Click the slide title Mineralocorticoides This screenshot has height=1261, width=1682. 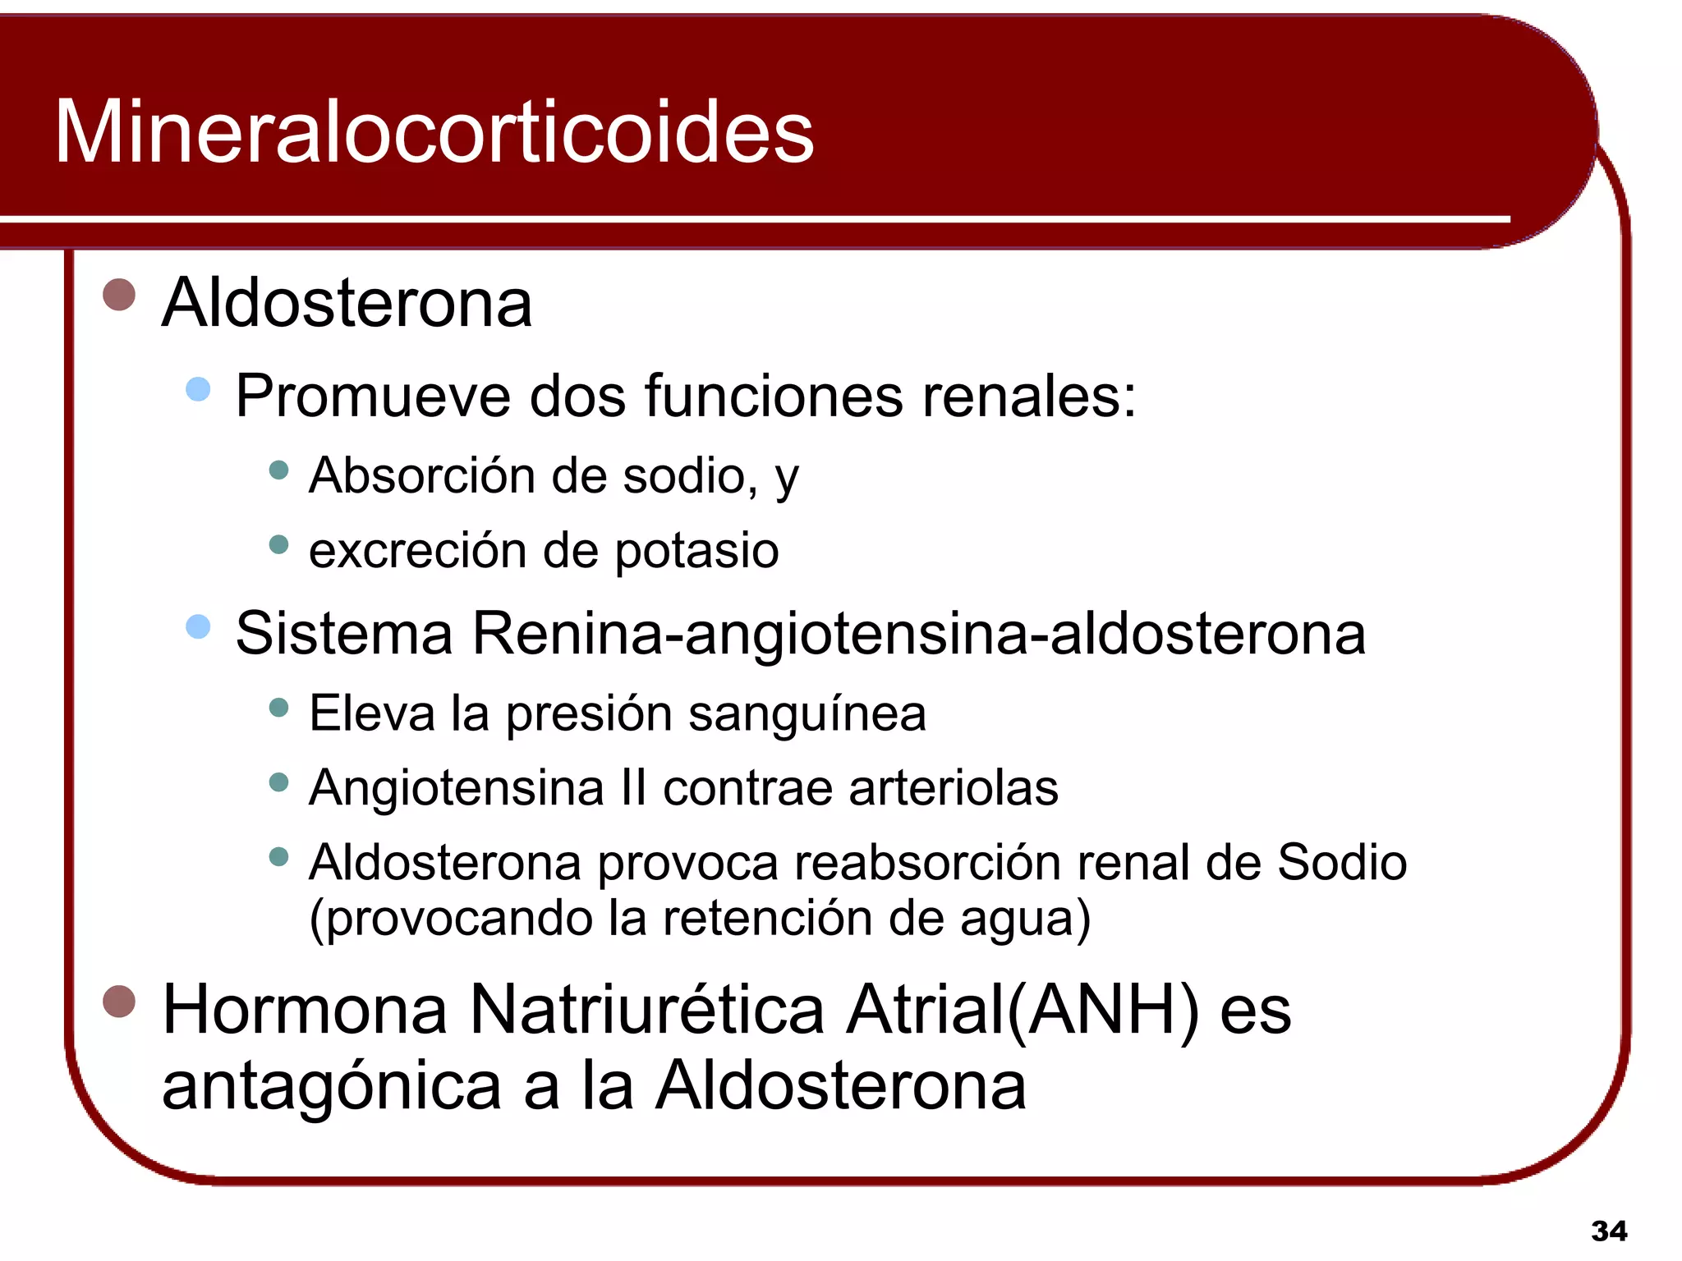click(x=434, y=132)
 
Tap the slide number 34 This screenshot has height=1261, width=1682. click(x=1608, y=1231)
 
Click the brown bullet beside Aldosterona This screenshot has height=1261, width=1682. click(x=119, y=295)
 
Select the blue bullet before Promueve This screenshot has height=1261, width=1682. click(x=198, y=388)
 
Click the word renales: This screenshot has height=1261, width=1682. click(x=1029, y=397)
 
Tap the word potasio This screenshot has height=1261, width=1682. click(x=696, y=551)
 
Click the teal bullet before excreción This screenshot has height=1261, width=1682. click(x=279, y=544)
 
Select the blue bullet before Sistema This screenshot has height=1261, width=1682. click(x=198, y=627)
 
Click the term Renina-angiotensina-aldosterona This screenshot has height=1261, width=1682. click(x=918, y=634)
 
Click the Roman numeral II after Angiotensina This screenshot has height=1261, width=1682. click(x=633, y=788)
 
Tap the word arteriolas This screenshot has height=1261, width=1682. click(x=953, y=788)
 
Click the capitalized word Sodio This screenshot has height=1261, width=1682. click(x=1341, y=863)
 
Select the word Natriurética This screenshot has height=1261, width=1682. click(x=646, y=1010)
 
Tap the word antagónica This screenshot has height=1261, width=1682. click(x=331, y=1086)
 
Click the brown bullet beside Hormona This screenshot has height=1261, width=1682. click(x=119, y=1001)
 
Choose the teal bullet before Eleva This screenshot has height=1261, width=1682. click(x=279, y=707)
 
